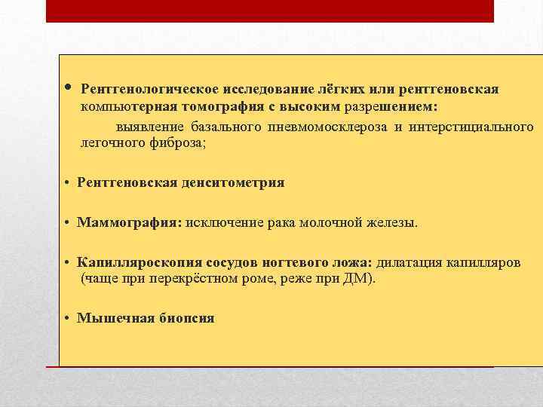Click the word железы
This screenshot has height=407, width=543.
coord(392,223)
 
